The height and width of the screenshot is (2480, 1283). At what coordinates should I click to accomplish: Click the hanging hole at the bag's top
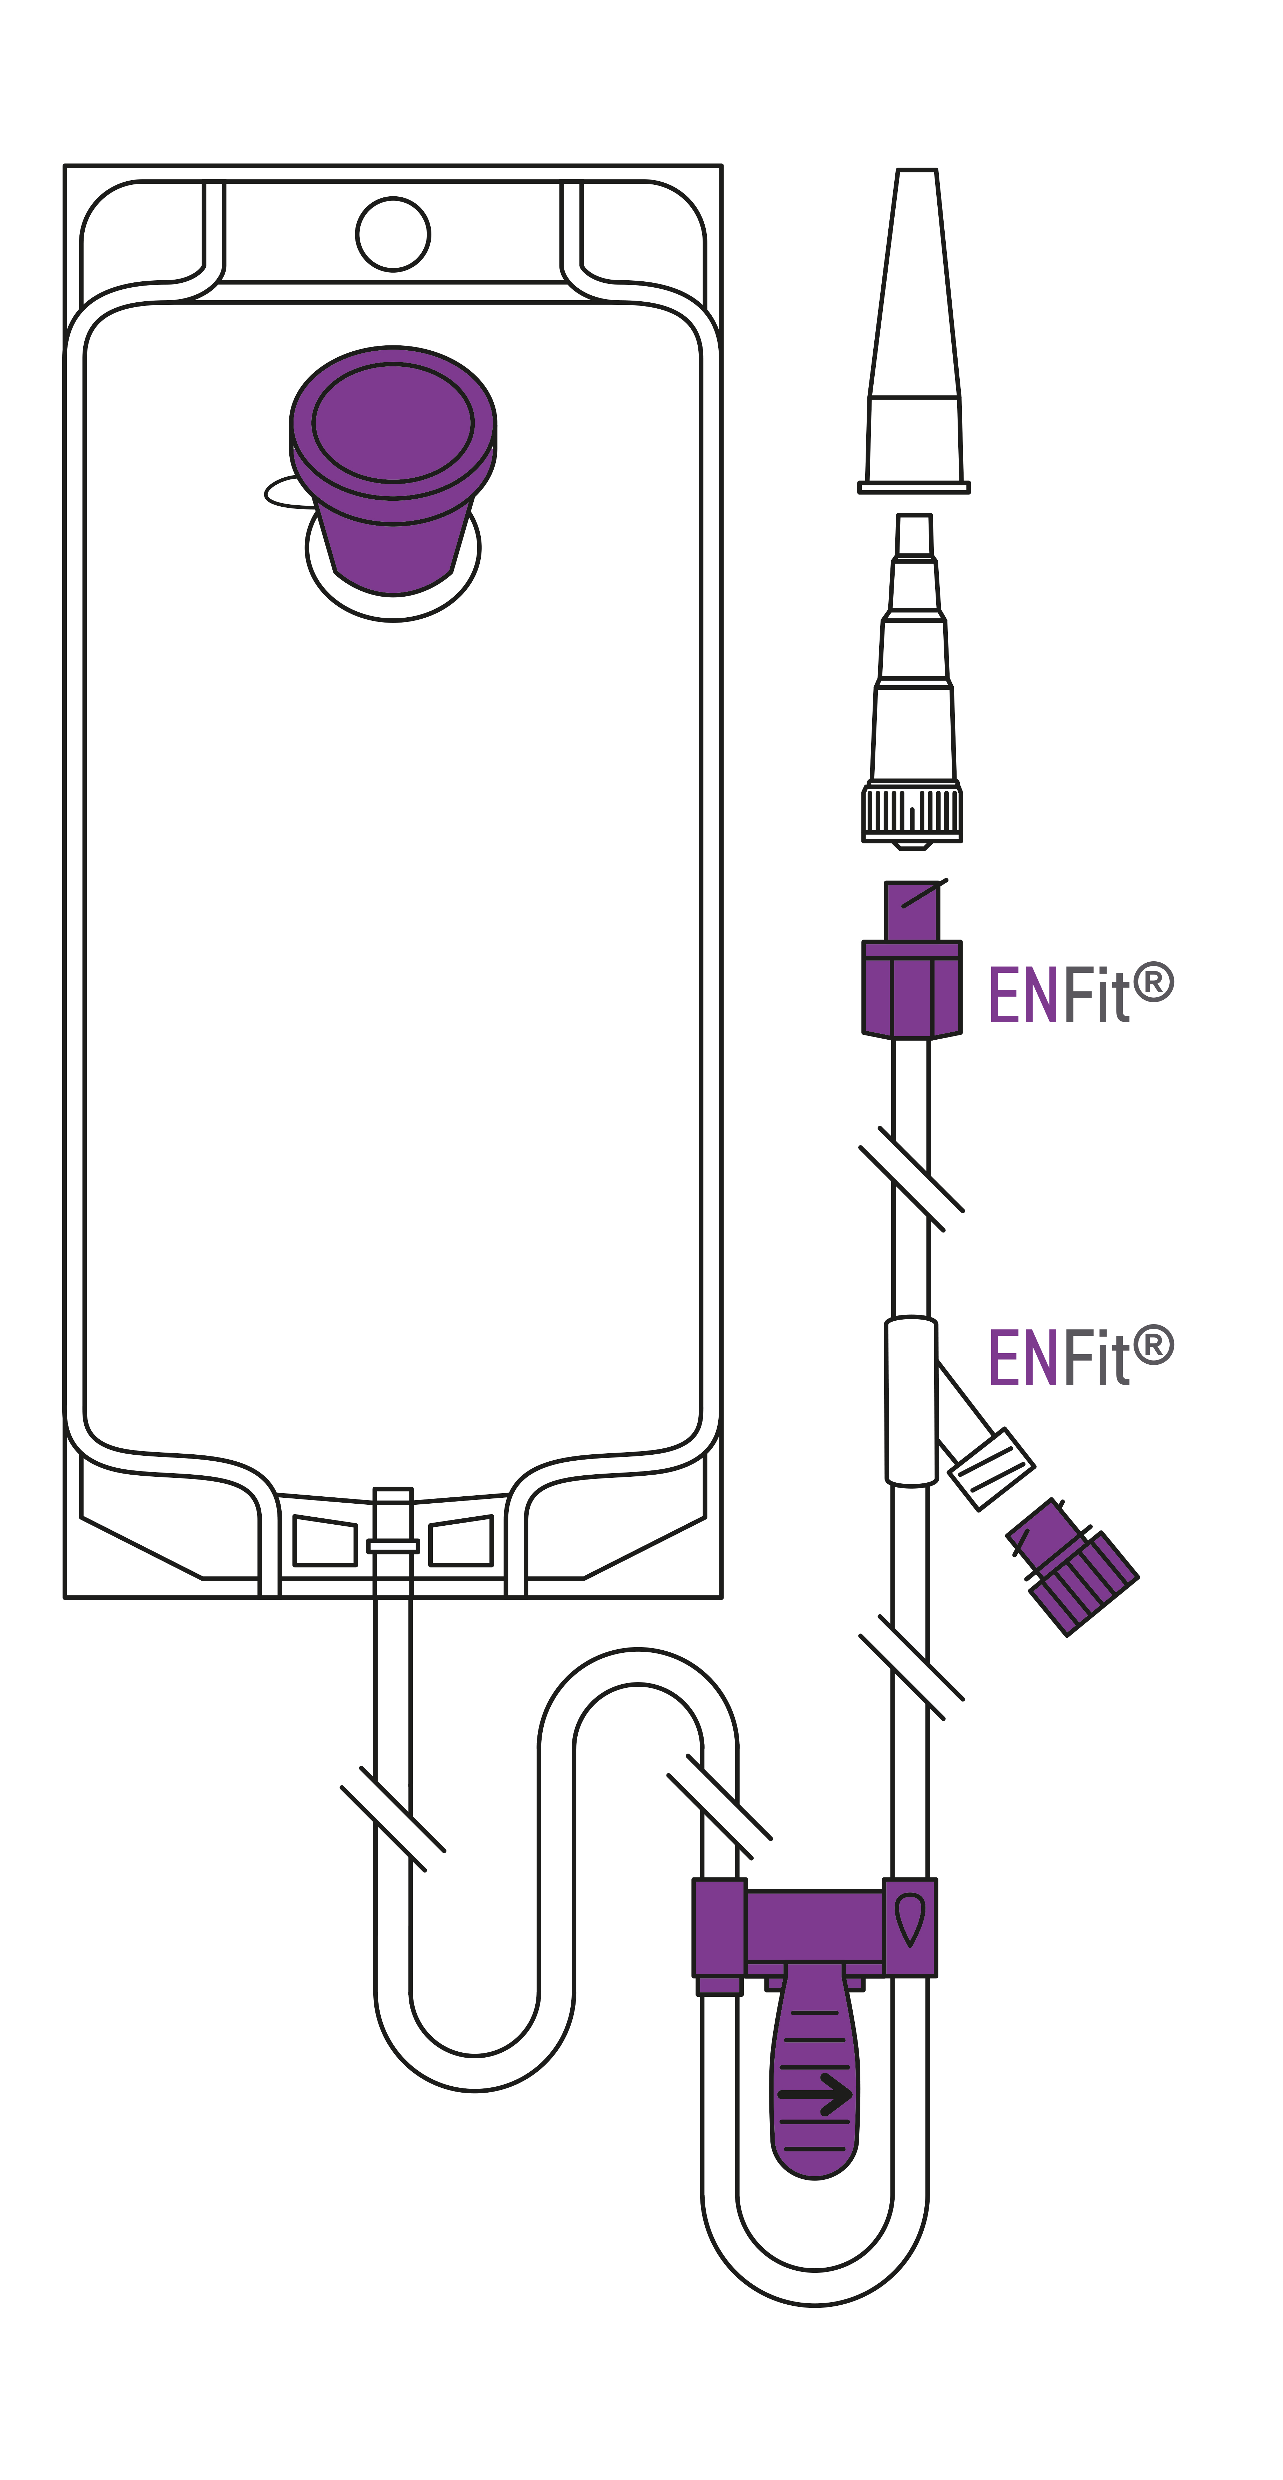pos(393,234)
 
